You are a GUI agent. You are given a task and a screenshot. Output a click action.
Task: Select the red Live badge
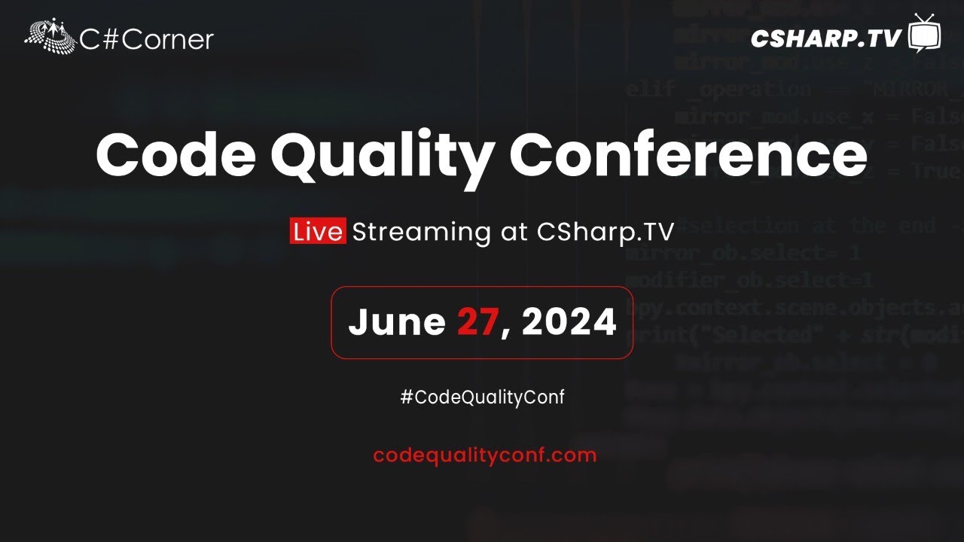coord(317,231)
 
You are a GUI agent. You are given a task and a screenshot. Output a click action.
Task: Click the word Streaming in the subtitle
coord(421,231)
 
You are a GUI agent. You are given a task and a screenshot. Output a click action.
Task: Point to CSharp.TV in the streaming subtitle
coord(605,231)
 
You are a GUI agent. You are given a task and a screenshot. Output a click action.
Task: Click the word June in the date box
coord(397,322)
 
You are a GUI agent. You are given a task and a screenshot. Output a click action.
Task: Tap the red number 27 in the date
coord(478,322)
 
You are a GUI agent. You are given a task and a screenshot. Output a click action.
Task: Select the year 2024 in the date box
coord(569,322)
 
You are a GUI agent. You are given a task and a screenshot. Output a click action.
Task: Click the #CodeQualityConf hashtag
coord(482,397)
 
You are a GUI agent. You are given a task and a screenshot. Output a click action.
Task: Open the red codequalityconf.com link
coord(484,455)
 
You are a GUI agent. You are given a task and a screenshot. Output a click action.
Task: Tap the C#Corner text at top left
coord(147,39)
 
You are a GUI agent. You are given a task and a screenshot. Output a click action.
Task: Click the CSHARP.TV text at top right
coord(825,38)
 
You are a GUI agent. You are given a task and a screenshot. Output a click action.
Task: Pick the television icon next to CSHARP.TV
coord(924,35)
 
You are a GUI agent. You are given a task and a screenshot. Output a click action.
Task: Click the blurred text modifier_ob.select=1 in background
coord(749,280)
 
